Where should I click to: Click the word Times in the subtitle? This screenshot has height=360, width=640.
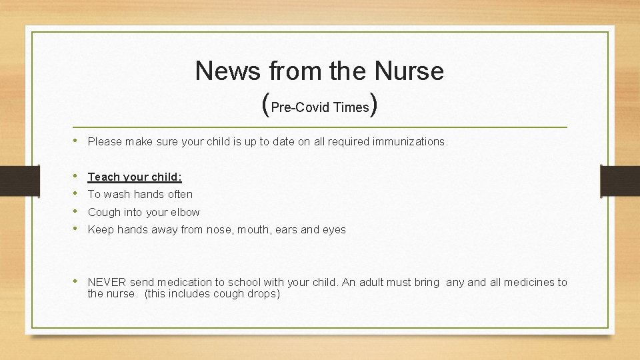(351, 108)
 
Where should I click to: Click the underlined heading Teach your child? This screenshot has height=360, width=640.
(135, 177)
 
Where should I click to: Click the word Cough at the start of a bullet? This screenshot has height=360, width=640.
(104, 213)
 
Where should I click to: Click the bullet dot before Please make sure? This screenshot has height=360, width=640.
(79, 141)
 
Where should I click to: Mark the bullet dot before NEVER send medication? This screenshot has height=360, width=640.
(79, 282)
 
